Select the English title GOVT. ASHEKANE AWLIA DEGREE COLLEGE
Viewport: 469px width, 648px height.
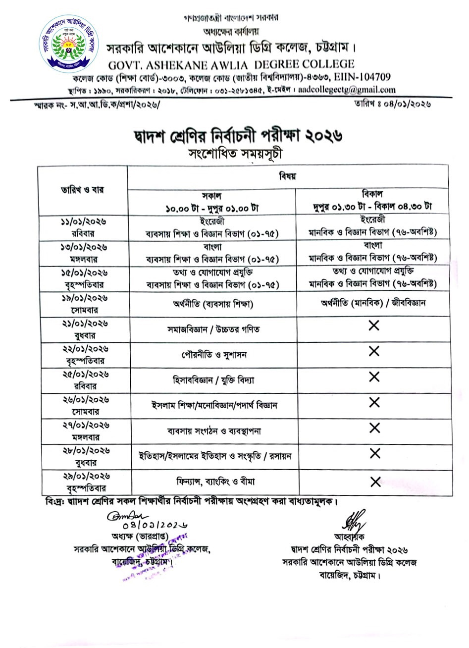coord(231,64)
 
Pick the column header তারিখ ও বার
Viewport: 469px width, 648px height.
coord(83,190)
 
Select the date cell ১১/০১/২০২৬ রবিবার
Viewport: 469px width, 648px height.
coord(83,227)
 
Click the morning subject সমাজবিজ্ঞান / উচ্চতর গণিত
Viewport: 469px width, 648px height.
coord(213,329)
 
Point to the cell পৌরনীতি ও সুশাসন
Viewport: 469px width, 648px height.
coord(213,355)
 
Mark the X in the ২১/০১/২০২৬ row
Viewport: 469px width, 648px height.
coord(374,325)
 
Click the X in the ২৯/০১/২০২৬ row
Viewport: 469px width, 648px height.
coord(375,481)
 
